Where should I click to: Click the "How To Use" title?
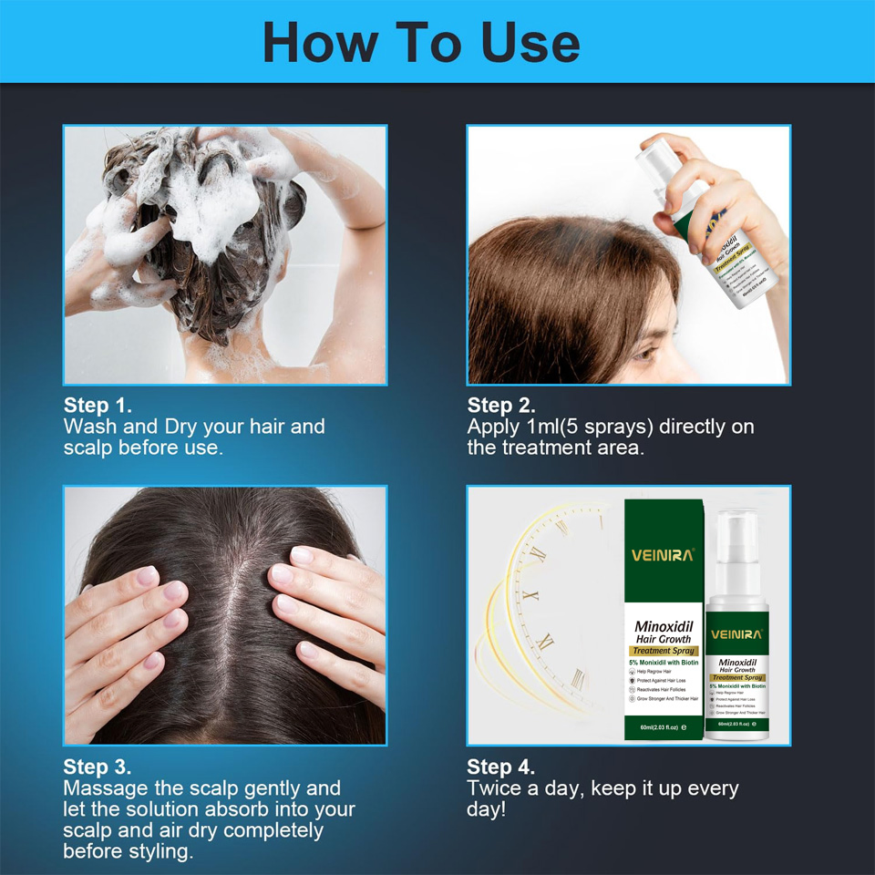(x=421, y=43)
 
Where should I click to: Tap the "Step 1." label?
(x=98, y=406)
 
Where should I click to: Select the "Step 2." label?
(x=501, y=406)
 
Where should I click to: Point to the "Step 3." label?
(x=98, y=767)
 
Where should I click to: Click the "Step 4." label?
(x=501, y=767)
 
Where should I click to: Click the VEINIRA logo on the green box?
(x=663, y=554)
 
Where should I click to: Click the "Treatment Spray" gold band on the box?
(x=663, y=651)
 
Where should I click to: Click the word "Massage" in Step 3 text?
(x=105, y=788)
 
